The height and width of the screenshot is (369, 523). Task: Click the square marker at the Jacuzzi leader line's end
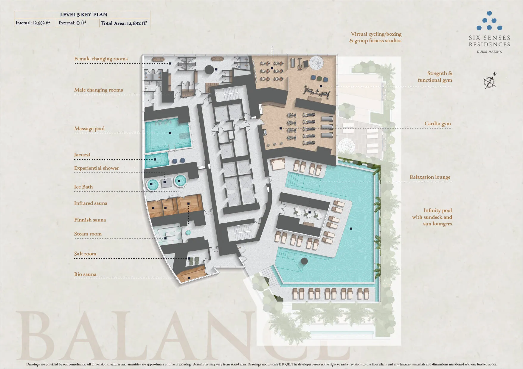(x=155, y=160)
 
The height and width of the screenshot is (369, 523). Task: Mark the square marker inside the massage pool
(x=170, y=133)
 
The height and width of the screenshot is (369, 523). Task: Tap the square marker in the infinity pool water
(x=351, y=229)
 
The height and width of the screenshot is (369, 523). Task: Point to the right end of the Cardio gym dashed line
(x=451, y=128)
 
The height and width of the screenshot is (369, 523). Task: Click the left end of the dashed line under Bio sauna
(x=75, y=278)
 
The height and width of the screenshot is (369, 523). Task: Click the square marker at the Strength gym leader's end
(x=321, y=86)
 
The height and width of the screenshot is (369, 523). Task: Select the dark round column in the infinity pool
(x=304, y=261)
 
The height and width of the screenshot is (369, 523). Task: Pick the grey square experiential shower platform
(x=166, y=183)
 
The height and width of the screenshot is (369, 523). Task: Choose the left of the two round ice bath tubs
(x=152, y=185)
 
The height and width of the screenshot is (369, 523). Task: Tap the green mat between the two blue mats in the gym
(x=319, y=78)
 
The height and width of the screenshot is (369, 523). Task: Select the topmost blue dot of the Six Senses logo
(x=489, y=13)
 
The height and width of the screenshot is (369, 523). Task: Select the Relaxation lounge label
(x=430, y=177)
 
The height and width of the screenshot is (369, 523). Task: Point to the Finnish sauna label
(x=90, y=220)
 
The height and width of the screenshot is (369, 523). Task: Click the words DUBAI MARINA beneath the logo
(x=489, y=52)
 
